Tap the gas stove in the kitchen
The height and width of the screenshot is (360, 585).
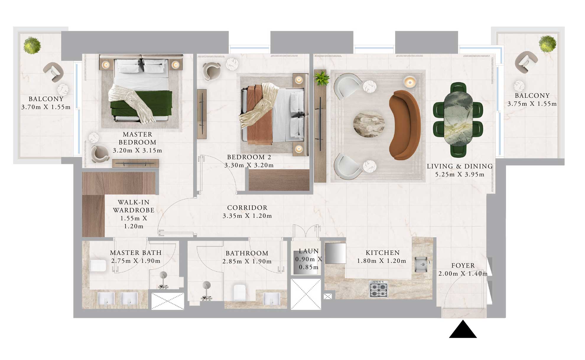[x=378, y=289]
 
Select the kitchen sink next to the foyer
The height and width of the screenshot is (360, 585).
[x=421, y=264]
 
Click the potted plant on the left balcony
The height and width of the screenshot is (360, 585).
[x=32, y=45]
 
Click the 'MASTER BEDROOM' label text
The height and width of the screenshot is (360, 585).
[x=137, y=138]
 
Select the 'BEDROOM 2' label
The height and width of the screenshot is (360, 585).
[x=249, y=157]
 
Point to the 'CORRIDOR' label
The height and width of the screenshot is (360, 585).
[x=247, y=208]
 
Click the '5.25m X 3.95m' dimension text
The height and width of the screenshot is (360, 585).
[x=459, y=175]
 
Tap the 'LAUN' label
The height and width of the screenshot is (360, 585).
[x=309, y=251]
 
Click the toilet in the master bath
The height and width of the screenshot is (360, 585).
[x=98, y=266]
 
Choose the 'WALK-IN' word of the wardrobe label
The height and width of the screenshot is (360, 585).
[x=134, y=202]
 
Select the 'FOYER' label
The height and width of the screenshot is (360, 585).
[x=463, y=266]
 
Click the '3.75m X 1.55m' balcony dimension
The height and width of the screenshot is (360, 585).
[x=532, y=104]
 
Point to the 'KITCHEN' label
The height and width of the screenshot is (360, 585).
[x=383, y=253]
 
